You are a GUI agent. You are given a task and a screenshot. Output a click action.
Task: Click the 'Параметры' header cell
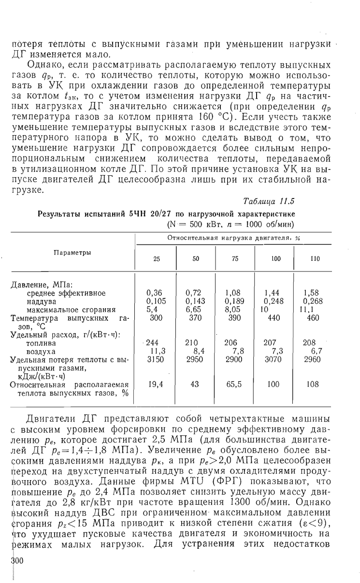coord(72,253)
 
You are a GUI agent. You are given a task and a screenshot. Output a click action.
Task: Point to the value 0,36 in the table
coord(154,293)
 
